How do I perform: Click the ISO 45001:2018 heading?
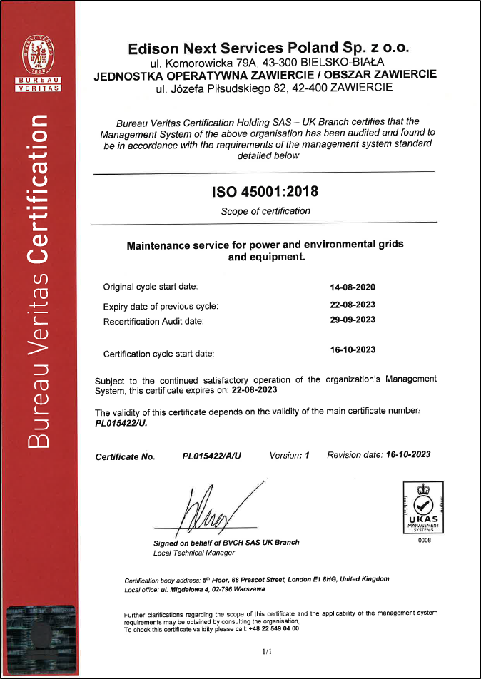point(265,192)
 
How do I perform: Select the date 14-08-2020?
point(352,287)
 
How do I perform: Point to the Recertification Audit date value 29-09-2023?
point(352,320)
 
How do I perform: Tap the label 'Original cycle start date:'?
point(151,287)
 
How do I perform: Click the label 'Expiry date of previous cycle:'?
point(161,306)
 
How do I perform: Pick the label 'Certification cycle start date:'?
point(159,353)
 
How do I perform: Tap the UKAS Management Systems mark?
point(423,507)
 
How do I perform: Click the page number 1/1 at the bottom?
point(268,652)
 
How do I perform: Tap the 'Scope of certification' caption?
point(265,211)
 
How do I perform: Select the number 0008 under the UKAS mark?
point(424,540)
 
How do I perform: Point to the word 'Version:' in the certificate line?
point(286,455)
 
